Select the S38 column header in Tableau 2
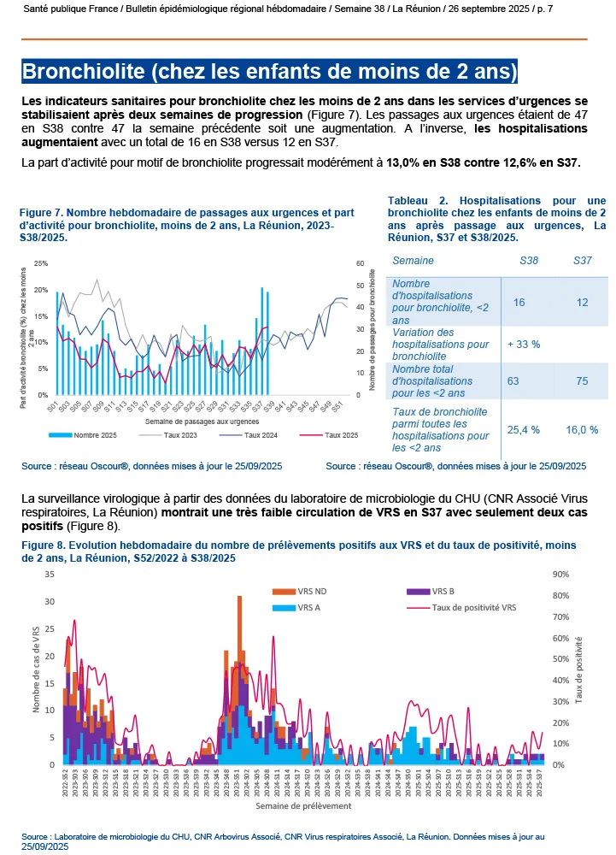click(529, 260)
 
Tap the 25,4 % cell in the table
click(523, 429)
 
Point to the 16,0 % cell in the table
click(582, 429)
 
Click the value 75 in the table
click(582, 380)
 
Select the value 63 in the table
click(513, 380)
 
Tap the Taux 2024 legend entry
click(252, 435)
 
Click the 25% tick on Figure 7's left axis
click(40, 263)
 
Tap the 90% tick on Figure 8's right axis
click(560, 575)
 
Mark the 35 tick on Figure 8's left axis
click(48, 575)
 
